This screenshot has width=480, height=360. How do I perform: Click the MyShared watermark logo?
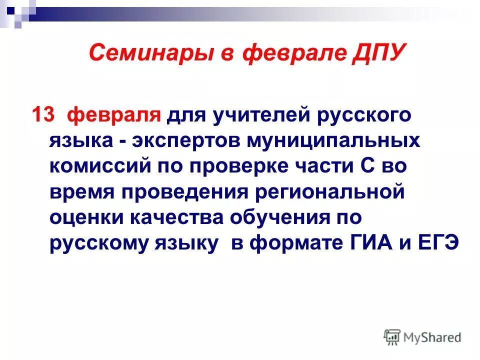[x=422, y=336]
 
